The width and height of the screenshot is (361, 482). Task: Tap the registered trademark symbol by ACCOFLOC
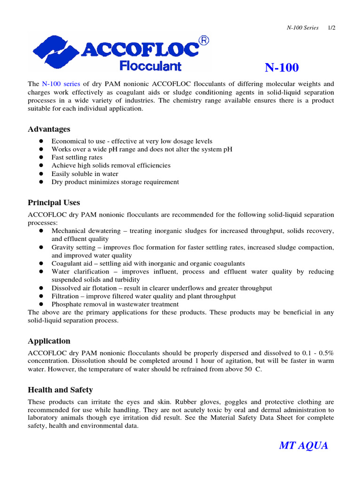(x=204, y=41)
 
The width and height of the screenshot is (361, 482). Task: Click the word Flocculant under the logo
(x=150, y=65)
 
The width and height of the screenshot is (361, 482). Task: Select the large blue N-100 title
(x=282, y=68)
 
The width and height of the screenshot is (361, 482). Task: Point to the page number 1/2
(x=331, y=28)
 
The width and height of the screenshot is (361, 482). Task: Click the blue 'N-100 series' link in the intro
(x=61, y=84)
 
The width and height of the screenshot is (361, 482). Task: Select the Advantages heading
(x=49, y=129)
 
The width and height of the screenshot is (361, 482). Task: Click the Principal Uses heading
(x=54, y=203)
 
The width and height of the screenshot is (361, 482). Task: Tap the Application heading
(x=49, y=341)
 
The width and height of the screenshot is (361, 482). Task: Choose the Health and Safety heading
(x=60, y=390)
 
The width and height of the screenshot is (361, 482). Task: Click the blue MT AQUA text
(x=304, y=446)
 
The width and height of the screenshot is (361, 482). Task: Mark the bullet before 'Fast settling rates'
(x=41, y=158)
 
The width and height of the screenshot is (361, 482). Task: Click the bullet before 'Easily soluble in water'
(x=41, y=174)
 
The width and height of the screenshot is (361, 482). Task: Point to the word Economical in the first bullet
(x=68, y=141)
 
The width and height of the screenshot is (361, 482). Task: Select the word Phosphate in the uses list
(x=66, y=305)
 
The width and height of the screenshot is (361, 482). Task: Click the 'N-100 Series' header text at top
(x=303, y=28)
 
